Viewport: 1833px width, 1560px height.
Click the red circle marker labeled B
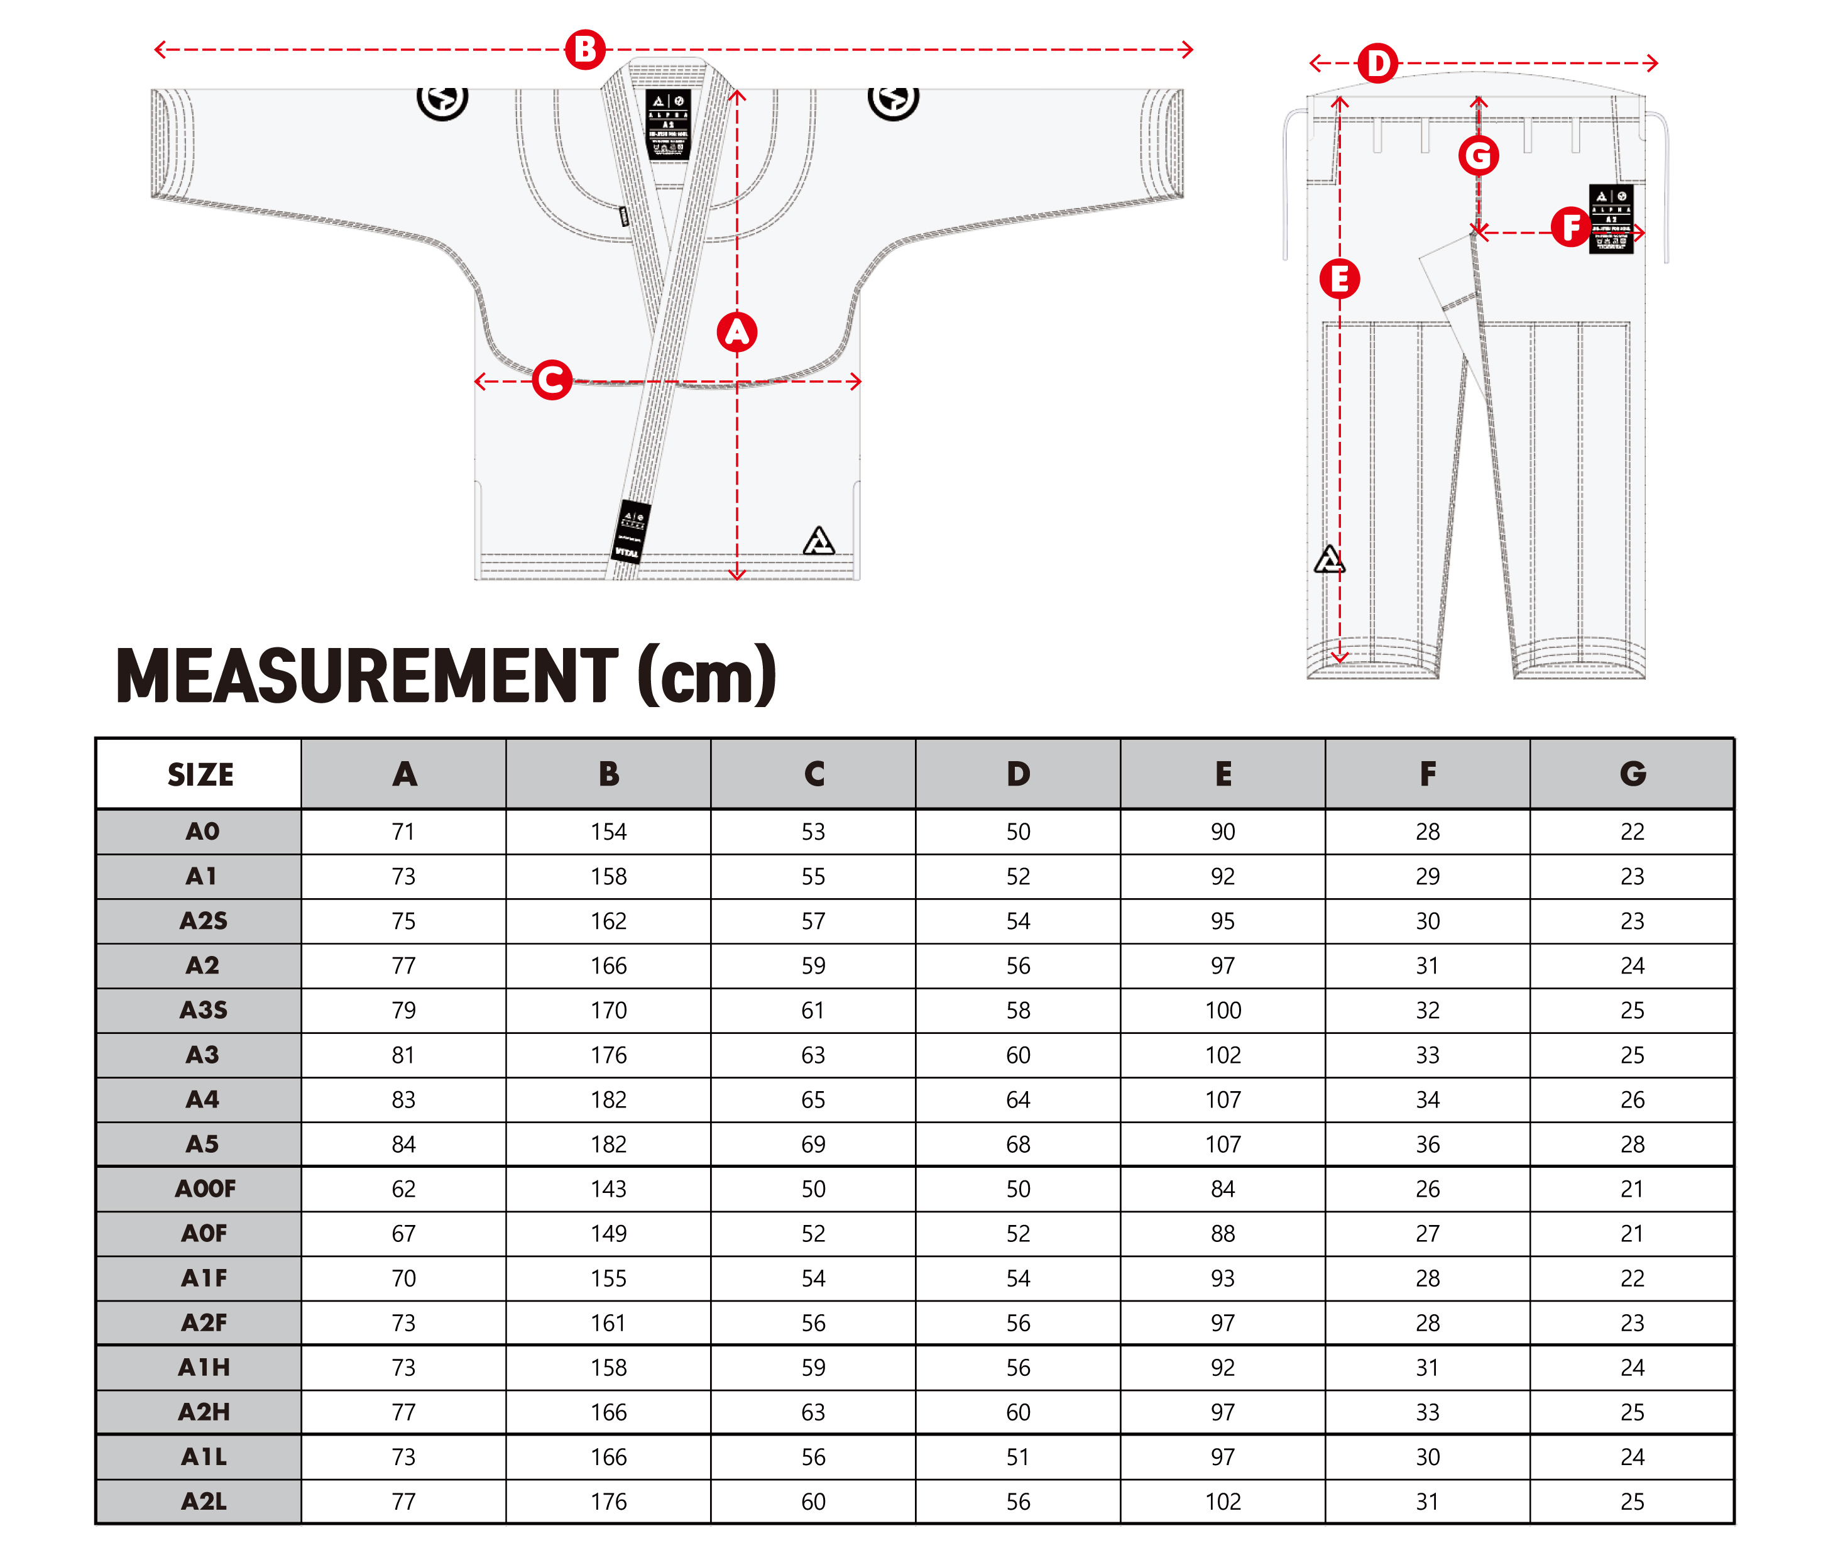pyautogui.click(x=584, y=50)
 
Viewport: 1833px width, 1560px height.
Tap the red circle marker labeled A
pyautogui.click(x=736, y=332)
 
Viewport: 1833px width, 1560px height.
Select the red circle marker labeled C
pyautogui.click(x=552, y=380)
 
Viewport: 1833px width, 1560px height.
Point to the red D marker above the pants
pyautogui.click(x=1377, y=63)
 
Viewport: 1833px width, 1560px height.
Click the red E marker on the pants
pyautogui.click(x=1338, y=280)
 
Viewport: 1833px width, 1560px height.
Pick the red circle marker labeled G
pyautogui.click(x=1477, y=157)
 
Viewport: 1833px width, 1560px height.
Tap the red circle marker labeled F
pyautogui.click(x=1570, y=228)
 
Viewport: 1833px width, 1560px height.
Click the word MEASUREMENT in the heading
pyautogui.click(x=367, y=676)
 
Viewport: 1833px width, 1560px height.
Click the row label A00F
pyautogui.click(x=205, y=1189)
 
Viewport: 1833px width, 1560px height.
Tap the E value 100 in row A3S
pyautogui.click(x=1222, y=1010)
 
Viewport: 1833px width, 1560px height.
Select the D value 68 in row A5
pyautogui.click(x=1018, y=1145)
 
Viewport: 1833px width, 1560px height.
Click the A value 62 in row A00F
pyautogui.click(x=403, y=1189)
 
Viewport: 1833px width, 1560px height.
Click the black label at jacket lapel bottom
pyautogui.click(x=632, y=530)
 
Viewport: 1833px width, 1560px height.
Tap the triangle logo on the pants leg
pyautogui.click(x=1328, y=560)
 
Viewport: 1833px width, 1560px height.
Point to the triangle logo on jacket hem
pyautogui.click(x=818, y=541)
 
